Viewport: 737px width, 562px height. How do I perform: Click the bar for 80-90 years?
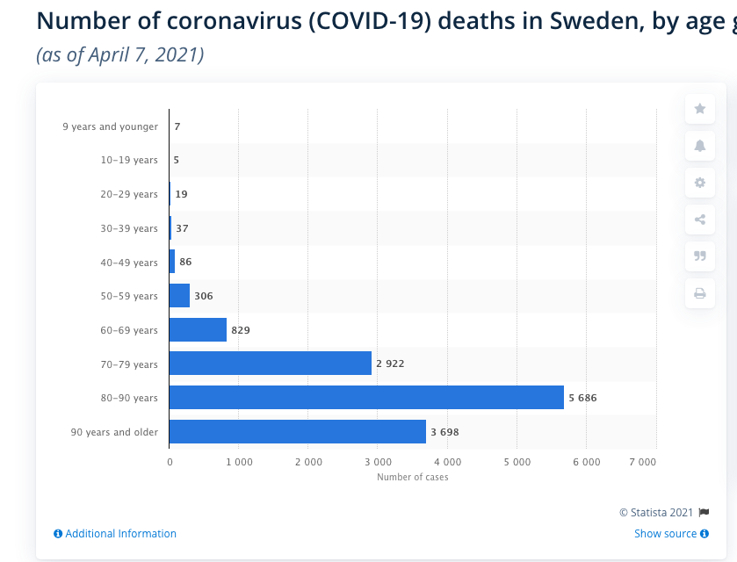[x=366, y=398]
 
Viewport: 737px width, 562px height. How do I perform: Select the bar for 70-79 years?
[x=270, y=364]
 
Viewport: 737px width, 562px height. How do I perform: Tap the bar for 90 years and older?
[x=297, y=432]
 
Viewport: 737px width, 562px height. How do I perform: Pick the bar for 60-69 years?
[x=198, y=330]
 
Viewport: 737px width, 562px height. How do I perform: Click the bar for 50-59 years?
[x=179, y=296]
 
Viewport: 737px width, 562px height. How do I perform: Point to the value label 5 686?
[x=582, y=398]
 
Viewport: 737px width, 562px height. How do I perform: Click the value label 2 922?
[x=390, y=364]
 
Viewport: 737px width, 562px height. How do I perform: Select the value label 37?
[x=182, y=228]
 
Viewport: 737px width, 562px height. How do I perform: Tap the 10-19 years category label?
[x=129, y=161]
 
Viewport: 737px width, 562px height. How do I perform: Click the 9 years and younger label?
[x=111, y=126]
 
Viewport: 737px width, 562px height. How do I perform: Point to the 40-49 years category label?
[x=129, y=263]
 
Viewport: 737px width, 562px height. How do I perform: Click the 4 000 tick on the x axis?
[x=447, y=462]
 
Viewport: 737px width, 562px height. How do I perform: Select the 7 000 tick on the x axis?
[x=643, y=462]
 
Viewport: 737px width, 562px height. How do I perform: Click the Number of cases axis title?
[x=412, y=478]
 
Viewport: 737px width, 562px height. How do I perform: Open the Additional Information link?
[x=120, y=534]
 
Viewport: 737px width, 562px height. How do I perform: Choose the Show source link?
[x=666, y=534]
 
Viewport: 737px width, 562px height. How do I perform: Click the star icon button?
[x=700, y=109]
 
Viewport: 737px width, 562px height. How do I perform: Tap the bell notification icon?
[x=700, y=146]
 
